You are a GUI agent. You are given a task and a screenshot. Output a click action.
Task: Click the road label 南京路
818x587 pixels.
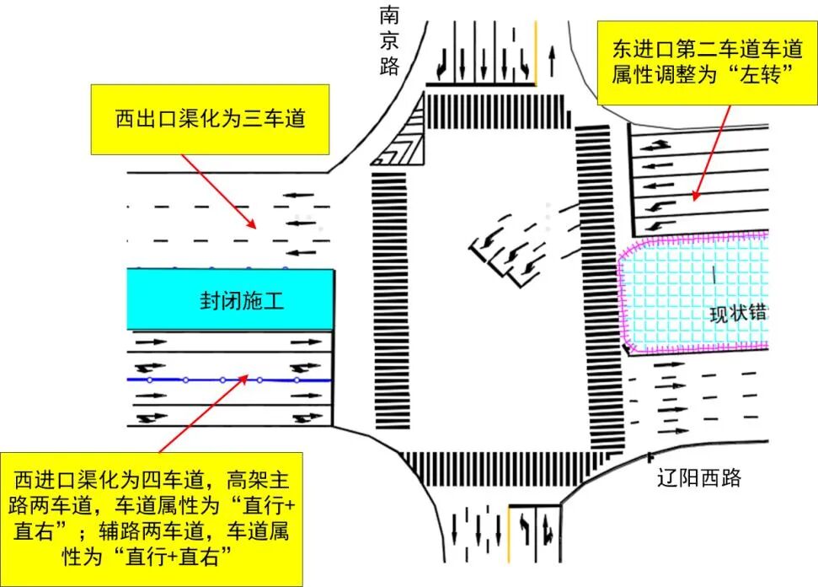point(388,41)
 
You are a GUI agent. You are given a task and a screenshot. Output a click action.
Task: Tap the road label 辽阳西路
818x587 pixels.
point(698,479)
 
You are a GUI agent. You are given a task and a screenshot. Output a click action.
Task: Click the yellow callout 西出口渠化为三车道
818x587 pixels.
point(210,119)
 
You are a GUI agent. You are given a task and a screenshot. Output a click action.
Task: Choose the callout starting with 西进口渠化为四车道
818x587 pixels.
point(152,517)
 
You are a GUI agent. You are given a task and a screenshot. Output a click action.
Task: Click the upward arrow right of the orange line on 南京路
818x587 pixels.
point(552,61)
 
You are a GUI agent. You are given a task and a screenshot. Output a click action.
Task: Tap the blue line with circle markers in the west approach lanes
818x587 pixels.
point(227,380)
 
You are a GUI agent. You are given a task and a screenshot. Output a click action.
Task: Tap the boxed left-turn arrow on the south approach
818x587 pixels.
point(524,530)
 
